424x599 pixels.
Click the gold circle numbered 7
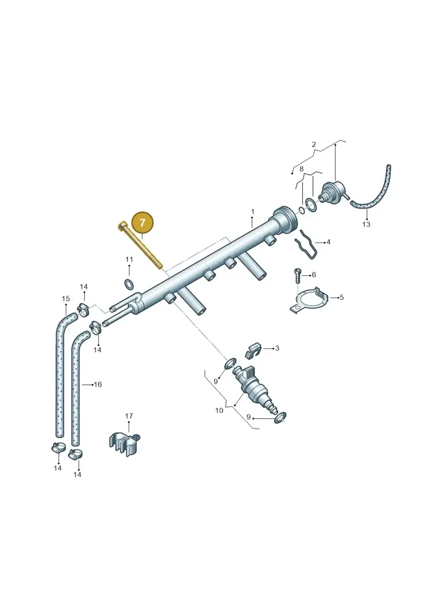[142, 223]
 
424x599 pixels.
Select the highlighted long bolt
[140, 245]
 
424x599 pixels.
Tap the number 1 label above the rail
[253, 211]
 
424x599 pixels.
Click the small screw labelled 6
[298, 275]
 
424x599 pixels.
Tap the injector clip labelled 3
[253, 350]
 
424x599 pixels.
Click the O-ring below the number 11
[130, 284]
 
